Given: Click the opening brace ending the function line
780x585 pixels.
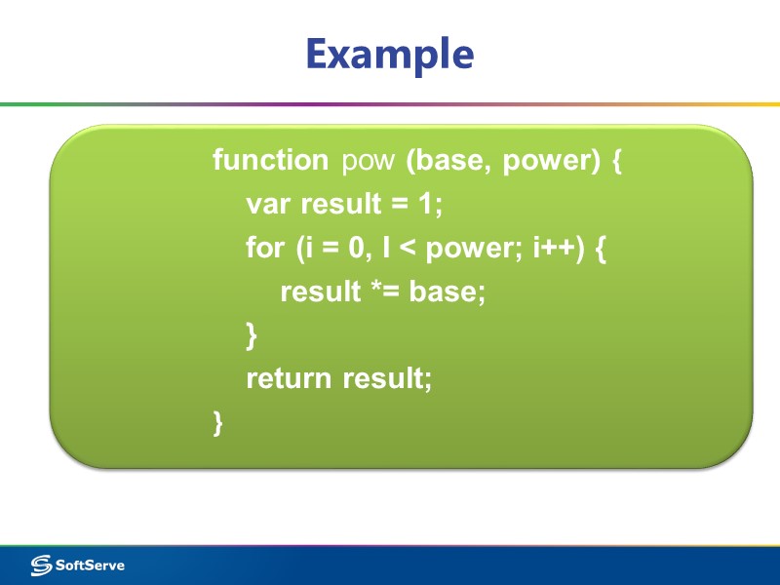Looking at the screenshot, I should (x=616, y=161).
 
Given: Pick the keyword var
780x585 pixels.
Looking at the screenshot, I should (x=269, y=204).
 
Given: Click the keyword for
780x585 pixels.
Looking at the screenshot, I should (x=265, y=248).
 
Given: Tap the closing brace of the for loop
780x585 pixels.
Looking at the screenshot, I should (x=252, y=335).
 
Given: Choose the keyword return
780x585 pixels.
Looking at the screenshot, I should (x=290, y=378).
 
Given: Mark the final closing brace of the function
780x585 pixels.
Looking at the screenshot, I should (x=218, y=422).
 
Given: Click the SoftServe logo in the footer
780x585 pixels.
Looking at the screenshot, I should (x=78, y=565).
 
